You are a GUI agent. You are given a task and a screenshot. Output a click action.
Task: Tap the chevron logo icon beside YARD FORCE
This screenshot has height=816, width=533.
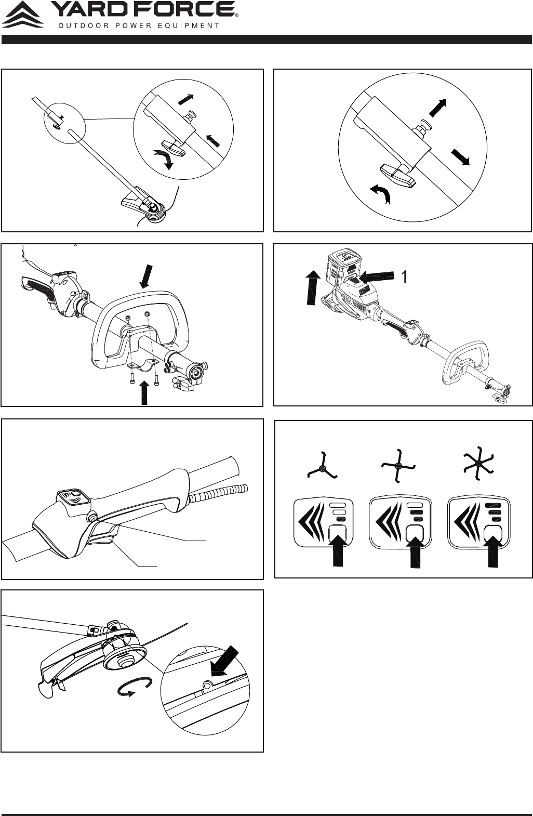22,15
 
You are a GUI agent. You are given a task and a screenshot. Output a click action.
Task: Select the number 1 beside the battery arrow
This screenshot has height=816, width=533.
404,278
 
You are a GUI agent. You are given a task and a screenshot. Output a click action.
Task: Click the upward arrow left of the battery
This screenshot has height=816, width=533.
312,287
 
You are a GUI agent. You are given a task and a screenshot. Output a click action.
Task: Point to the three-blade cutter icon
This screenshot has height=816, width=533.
322,466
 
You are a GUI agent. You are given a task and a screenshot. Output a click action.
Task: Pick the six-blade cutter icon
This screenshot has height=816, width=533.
478,463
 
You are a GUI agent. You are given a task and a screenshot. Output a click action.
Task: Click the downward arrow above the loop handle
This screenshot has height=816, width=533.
145,277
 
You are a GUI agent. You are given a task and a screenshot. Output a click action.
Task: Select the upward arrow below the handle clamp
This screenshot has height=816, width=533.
144,393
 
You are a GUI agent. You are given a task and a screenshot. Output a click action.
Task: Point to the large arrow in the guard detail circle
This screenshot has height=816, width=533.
224,661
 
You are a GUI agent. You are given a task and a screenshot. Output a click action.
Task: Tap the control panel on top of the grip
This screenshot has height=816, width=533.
73,496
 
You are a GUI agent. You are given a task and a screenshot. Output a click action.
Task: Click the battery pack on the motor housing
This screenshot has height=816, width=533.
345,267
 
